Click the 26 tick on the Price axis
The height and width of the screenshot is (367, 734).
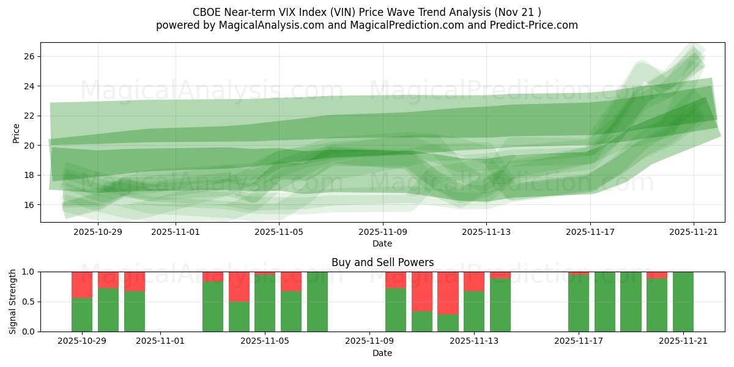(29, 56)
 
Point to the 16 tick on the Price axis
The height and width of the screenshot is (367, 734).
(29, 204)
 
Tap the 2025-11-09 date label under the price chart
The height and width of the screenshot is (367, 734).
(383, 232)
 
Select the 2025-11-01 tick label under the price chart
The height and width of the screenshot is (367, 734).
(176, 232)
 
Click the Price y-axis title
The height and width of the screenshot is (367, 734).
(16, 133)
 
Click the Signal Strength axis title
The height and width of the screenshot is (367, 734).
(13, 302)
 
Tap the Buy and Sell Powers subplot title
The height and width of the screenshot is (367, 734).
(382, 262)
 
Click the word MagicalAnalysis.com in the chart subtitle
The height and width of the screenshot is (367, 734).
(265, 25)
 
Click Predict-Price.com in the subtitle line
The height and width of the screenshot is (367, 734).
(530, 25)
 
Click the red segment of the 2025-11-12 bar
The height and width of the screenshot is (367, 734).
(448, 292)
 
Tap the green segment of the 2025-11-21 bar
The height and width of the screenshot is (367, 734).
(683, 302)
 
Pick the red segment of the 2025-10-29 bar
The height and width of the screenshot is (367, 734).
(82, 284)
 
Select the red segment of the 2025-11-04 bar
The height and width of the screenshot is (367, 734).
(239, 286)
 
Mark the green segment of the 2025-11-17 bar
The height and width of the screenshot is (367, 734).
(579, 303)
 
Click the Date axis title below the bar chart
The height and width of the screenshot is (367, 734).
(382, 353)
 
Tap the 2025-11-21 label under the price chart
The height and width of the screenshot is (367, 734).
(694, 232)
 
